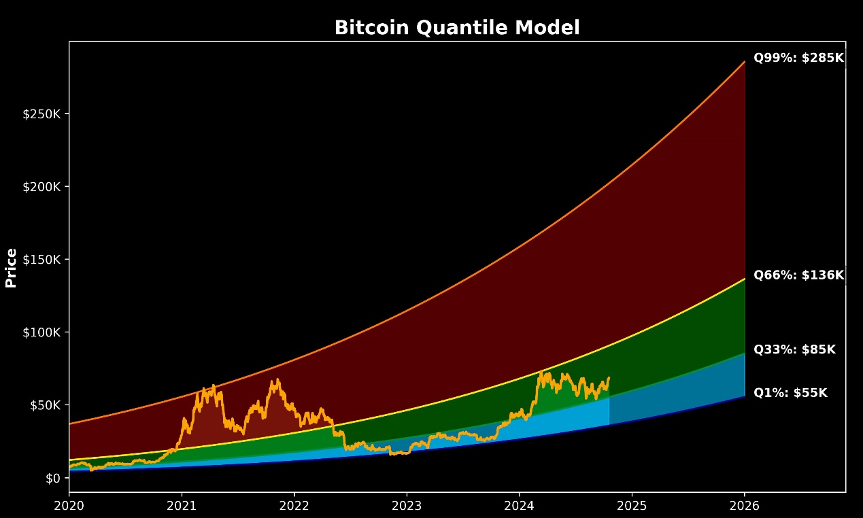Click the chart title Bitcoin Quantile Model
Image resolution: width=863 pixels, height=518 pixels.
tap(457, 28)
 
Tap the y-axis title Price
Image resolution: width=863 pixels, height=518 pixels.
tap(11, 268)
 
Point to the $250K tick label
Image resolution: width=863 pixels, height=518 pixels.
tap(44, 114)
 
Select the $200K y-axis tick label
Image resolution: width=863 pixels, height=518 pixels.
tap(44, 186)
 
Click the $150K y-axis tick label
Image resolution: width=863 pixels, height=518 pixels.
tap(44, 260)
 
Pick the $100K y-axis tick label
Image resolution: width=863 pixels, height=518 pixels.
tap(44, 332)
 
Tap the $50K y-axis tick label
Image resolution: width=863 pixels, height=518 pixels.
tap(46, 405)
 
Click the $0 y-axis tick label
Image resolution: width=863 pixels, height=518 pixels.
tap(53, 478)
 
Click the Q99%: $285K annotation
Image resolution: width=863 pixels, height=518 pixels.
tap(798, 58)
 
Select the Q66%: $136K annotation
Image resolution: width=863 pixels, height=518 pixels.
tap(798, 275)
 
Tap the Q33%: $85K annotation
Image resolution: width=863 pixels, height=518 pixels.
tap(794, 350)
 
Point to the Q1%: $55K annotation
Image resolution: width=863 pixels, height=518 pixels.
tap(790, 393)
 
